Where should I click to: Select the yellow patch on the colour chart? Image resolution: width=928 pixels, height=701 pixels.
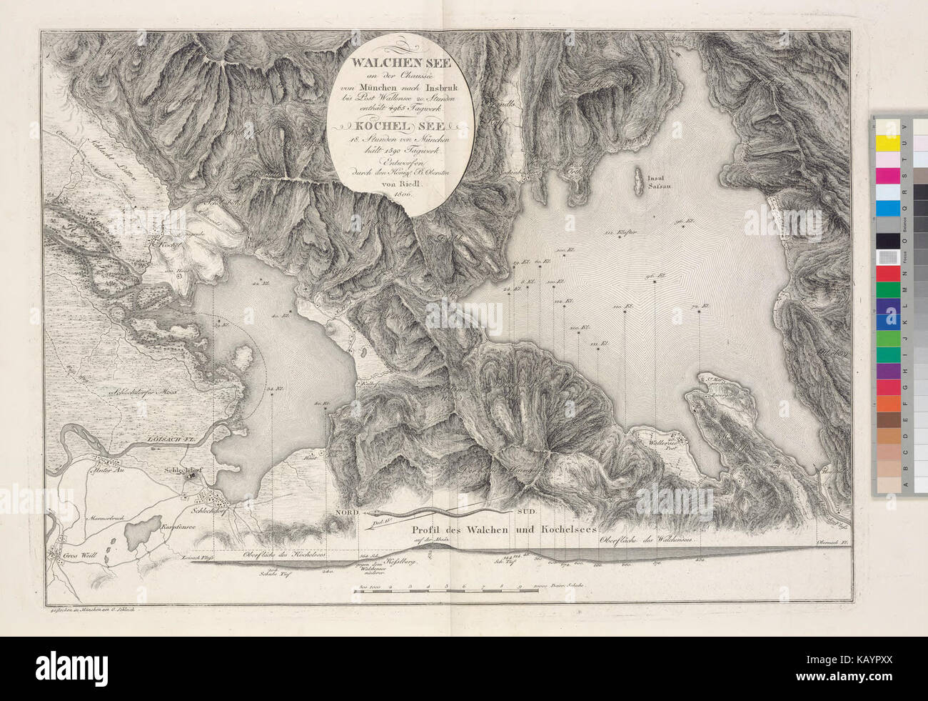click(887, 142)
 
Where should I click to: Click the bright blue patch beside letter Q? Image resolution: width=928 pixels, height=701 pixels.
click(887, 208)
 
